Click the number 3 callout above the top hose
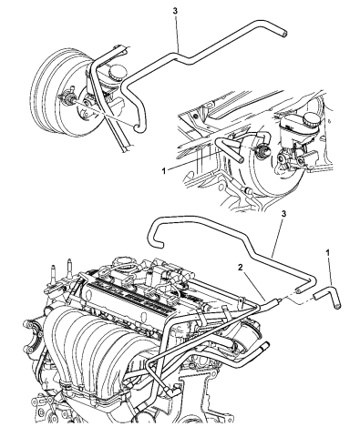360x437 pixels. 175,11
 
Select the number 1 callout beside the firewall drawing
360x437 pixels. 164,171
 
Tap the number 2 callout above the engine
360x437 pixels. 241,267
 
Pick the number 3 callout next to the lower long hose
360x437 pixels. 283,214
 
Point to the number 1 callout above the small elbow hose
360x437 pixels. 327,252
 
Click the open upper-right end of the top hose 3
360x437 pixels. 284,34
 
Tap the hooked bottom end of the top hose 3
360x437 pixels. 138,128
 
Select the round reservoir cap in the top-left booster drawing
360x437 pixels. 117,71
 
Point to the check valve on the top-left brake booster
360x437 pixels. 67,97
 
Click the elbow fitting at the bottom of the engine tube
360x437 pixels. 171,391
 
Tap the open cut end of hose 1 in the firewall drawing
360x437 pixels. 241,158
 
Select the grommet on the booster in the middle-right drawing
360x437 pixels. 261,150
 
